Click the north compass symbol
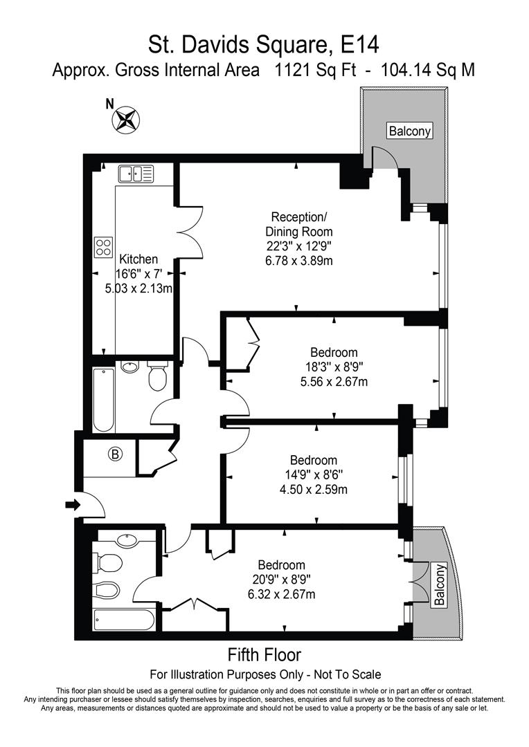126,118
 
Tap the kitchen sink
135,174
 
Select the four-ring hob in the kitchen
104,247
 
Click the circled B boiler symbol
115,454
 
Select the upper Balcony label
409,131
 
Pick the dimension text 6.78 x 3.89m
299,260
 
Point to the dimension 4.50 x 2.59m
314,490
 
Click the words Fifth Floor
264,654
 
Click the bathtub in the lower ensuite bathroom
123,619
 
